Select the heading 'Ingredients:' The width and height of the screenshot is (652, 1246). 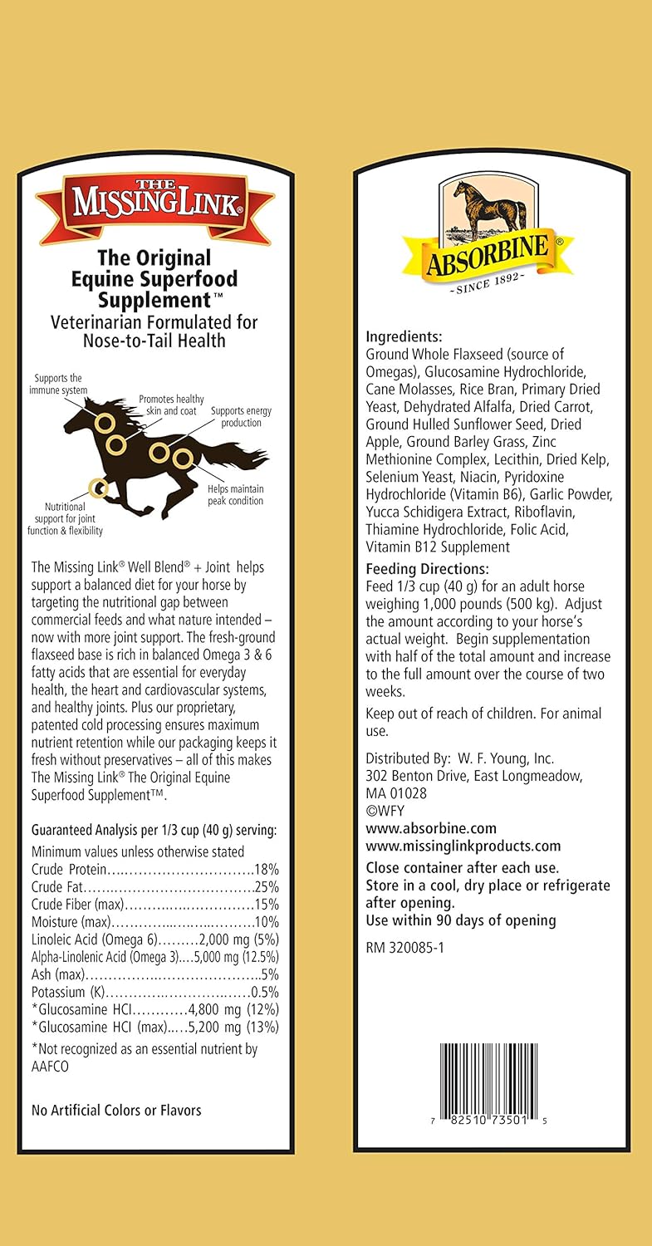pyautogui.click(x=404, y=336)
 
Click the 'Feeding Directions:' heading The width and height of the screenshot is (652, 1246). pyautogui.click(x=427, y=569)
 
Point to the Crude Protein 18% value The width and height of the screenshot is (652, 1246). pyautogui.click(x=266, y=868)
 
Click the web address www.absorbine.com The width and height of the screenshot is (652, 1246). pyautogui.click(x=431, y=828)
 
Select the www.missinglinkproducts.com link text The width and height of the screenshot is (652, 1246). pyautogui.click(x=463, y=846)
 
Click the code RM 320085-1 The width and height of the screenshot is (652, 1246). pyautogui.click(x=405, y=947)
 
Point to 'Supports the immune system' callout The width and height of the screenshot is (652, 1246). pyautogui.click(x=58, y=384)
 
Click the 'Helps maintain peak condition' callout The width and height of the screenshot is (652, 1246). pyautogui.click(x=235, y=494)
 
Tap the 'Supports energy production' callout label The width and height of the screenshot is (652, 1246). pyautogui.click(x=241, y=417)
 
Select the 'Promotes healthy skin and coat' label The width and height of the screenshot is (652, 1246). pyautogui.click(x=171, y=405)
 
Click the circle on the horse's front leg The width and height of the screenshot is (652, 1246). pyautogui.click(x=98, y=487)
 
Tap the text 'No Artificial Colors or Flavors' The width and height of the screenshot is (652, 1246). pyautogui.click(x=116, y=1110)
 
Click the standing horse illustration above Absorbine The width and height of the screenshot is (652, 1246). pyautogui.click(x=488, y=208)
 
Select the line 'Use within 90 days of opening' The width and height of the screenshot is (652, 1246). pyautogui.click(x=461, y=920)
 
